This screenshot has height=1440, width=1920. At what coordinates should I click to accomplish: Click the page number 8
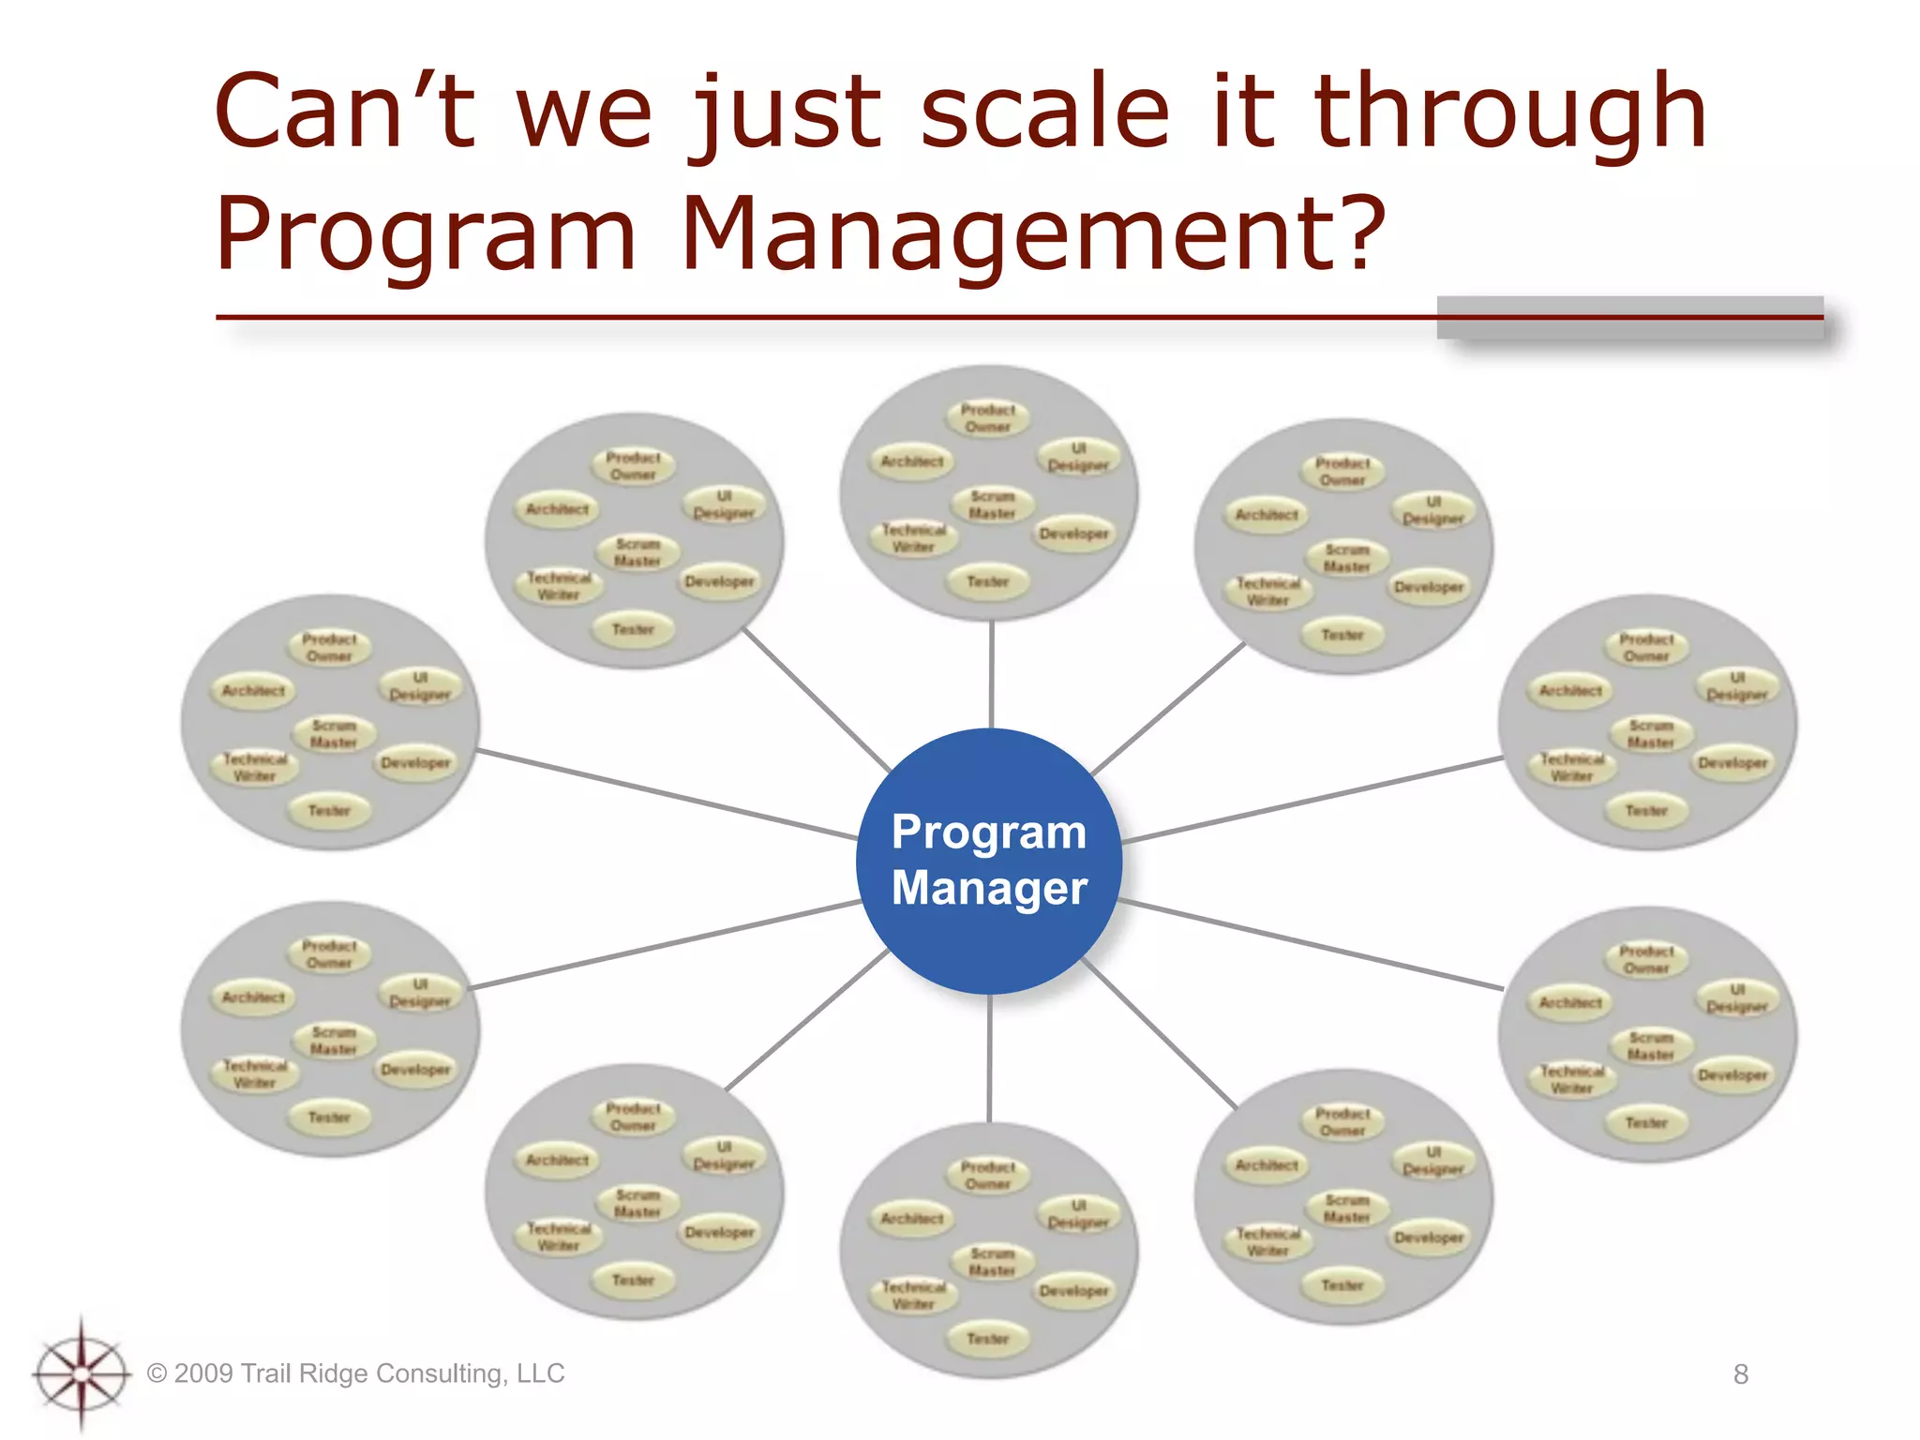point(1740,1374)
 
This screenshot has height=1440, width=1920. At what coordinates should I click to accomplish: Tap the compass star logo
point(82,1374)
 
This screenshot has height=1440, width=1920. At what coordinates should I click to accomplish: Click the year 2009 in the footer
point(203,1373)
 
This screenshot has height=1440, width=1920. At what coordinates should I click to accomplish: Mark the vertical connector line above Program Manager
point(991,675)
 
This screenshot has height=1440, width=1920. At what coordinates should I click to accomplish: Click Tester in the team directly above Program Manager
point(988,582)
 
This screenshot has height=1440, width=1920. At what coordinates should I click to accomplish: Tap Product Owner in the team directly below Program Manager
point(988,1176)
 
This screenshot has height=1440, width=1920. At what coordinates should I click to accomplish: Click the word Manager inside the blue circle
point(989,888)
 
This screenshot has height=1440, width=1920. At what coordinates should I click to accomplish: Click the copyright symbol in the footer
point(157,1374)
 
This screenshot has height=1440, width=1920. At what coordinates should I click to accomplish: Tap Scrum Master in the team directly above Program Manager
point(992,504)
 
